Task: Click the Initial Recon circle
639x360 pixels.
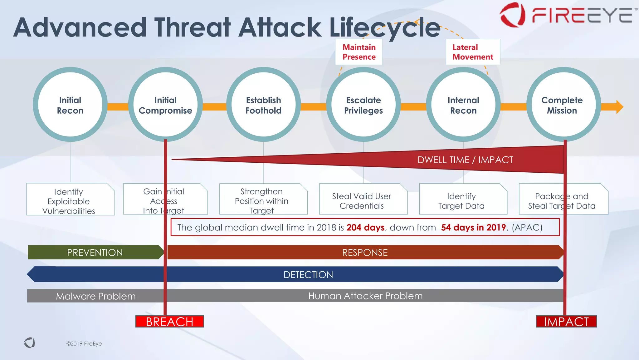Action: pos(70,105)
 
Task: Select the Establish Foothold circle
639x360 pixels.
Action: pos(263,105)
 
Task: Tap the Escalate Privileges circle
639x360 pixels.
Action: pos(363,105)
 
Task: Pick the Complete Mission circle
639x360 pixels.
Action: pos(562,105)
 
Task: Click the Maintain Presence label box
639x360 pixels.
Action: pos(359,52)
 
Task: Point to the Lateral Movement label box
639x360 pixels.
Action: pos(473,52)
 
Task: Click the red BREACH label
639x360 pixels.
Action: pos(169,322)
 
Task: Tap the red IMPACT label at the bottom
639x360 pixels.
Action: pos(566,322)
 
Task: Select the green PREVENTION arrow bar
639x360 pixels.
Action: pos(95,252)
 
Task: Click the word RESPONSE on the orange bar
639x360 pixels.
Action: pos(365,252)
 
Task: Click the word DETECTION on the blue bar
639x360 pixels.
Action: pos(308,274)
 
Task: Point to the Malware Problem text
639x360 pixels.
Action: pos(96,296)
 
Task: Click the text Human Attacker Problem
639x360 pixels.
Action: pos(365,296)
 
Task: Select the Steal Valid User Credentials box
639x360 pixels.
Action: pos(362,200)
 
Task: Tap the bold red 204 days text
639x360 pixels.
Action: pos(365,227)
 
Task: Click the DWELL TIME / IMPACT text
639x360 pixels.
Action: pos(465,160)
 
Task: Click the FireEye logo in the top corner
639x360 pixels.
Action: pos(566,15)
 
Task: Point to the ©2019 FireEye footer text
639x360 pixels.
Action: pos(84,343)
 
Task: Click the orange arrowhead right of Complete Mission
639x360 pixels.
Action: pos(619,107)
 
